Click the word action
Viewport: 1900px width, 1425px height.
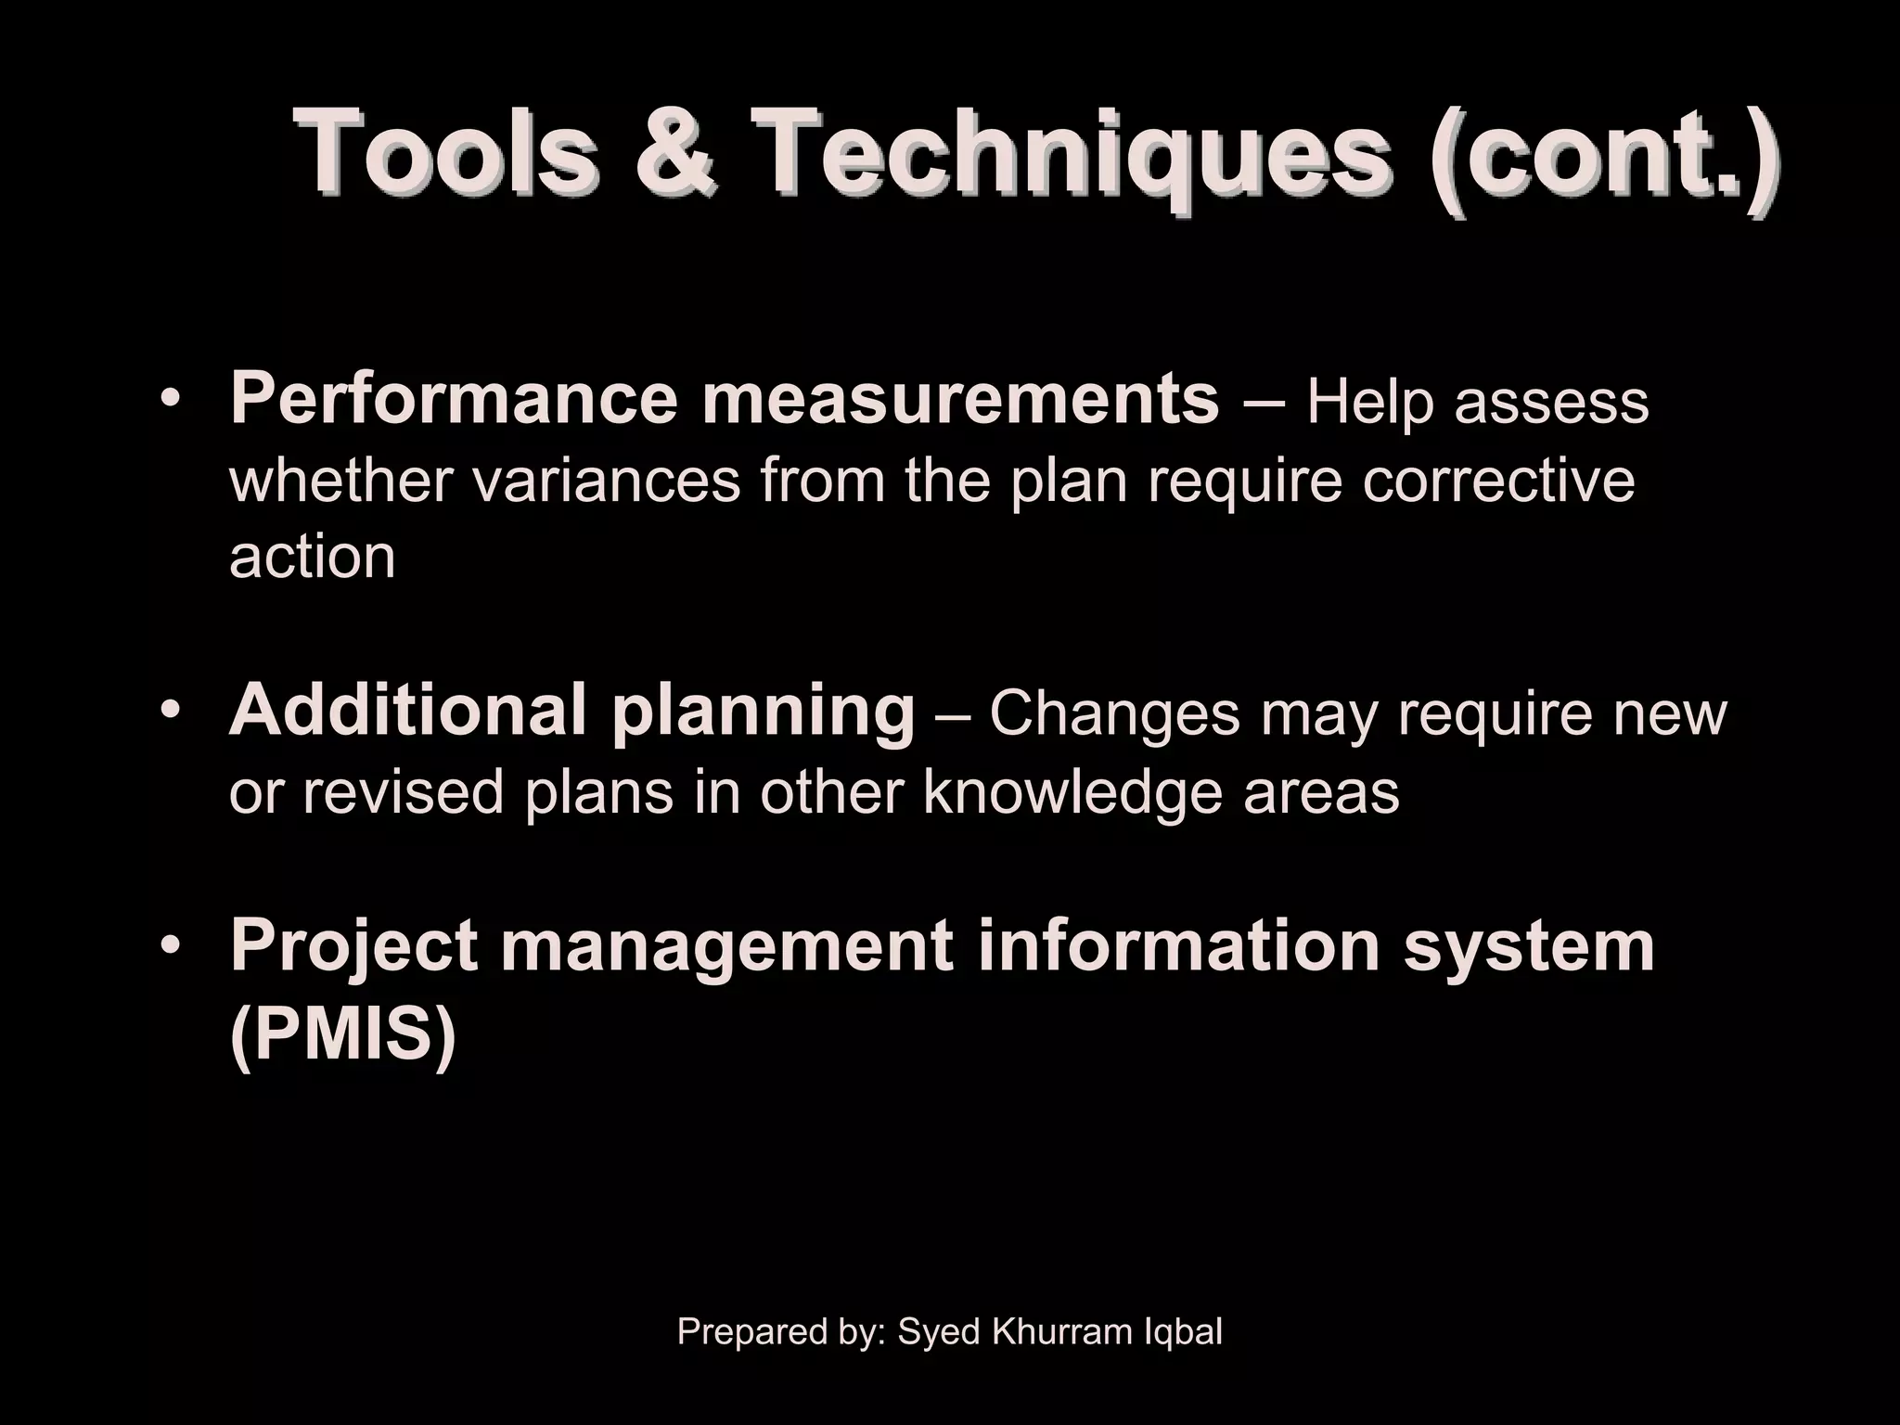pos(312,557)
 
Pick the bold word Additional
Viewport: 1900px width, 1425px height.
pos(408,711)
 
